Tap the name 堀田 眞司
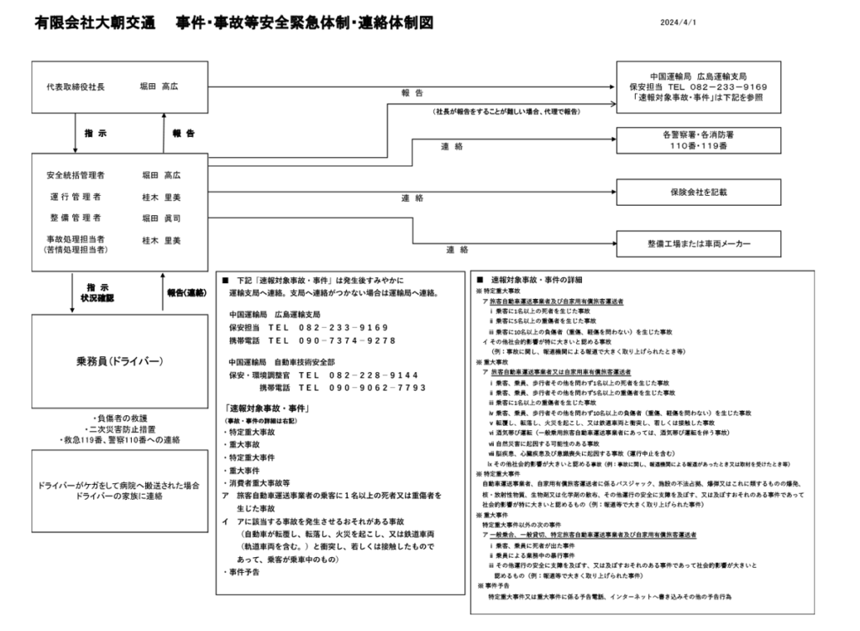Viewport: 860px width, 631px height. tap(161, 218)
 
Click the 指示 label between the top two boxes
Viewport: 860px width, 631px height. tap(96, 133)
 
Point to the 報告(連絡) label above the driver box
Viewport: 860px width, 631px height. tap(186, 292)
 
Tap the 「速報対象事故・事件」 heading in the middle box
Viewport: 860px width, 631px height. tap(270, 408)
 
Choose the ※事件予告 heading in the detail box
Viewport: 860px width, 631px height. tap(496, 586)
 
